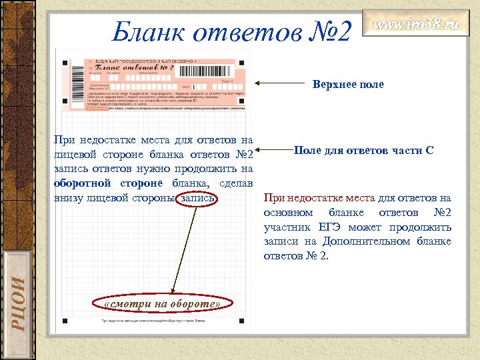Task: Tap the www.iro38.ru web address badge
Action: [415, 26]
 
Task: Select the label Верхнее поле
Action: [348, 85]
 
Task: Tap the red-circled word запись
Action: [198, 198]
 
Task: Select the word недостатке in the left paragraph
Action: [108, 140]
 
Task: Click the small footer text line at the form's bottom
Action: [153, 321]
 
